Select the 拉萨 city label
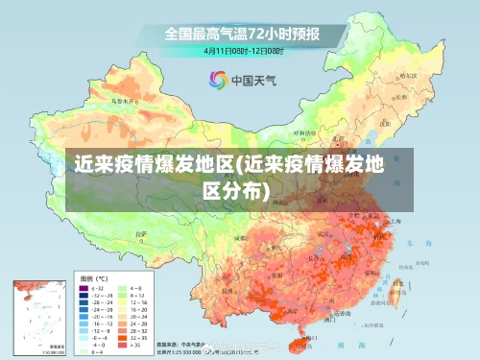coord(142,233)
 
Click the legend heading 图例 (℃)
coord(93,276)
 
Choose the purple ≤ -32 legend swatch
coord(84,287)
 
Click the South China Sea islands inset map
coord(37,316)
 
